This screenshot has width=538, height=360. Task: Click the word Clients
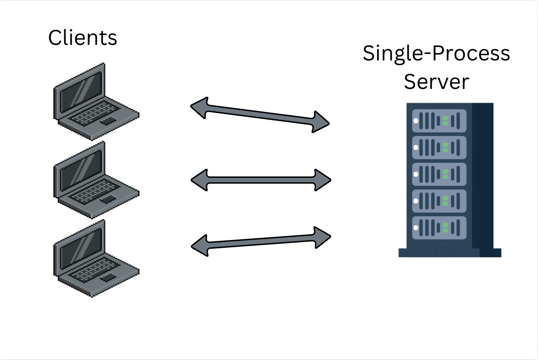82,38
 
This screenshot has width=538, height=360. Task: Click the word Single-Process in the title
436,54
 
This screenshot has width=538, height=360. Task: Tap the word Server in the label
436,81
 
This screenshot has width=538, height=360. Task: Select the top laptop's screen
81,91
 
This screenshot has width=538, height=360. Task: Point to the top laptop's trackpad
108,120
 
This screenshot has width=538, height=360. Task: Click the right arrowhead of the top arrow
321,122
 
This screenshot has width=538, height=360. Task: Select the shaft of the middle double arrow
261,180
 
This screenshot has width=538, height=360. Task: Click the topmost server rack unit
439,121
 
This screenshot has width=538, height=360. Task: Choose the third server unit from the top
439,174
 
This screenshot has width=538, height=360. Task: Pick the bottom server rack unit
439,227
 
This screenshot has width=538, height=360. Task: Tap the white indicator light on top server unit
416,121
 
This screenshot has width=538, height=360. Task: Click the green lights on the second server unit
445,148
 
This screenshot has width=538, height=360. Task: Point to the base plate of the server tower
450,253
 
